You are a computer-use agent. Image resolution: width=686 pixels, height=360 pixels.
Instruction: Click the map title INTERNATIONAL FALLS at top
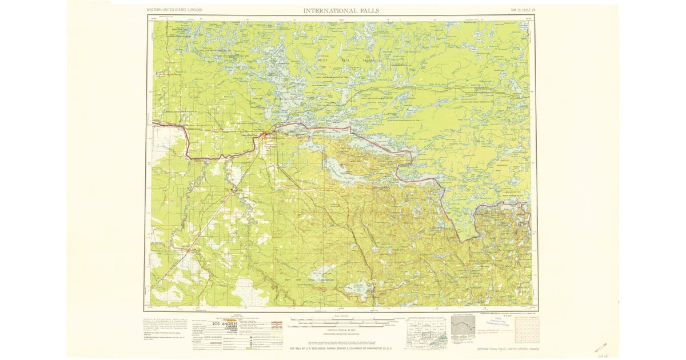341,10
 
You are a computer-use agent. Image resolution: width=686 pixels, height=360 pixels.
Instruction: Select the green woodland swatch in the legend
253,346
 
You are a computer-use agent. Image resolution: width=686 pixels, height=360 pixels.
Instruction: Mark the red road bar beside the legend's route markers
278,324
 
